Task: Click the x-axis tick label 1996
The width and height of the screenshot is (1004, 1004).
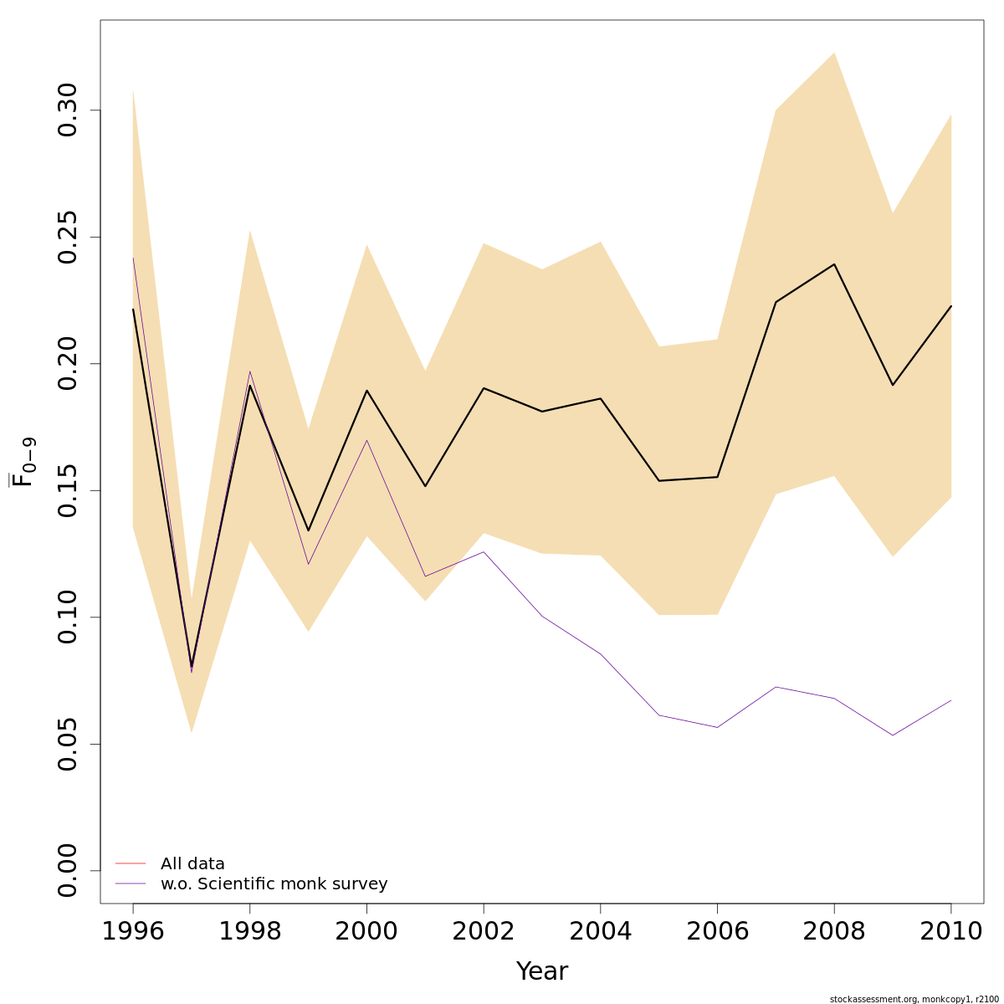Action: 133,931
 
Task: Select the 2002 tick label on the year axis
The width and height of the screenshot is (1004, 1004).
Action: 484,931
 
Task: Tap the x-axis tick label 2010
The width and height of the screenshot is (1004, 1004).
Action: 950,931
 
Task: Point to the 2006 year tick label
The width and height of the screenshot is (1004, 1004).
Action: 717,931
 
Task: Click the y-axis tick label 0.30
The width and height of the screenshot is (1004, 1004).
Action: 68,110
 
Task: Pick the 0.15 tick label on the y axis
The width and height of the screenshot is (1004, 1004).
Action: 68,490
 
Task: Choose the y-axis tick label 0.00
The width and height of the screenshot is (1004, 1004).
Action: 68,870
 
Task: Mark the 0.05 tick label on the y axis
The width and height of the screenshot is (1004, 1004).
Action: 68,744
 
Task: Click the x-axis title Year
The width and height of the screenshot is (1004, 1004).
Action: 542,971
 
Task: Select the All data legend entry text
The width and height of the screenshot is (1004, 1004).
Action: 192,864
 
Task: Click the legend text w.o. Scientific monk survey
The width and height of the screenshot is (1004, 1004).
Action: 274,884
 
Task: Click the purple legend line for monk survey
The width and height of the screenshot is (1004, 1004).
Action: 131,884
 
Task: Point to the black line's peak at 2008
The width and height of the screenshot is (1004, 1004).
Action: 834,264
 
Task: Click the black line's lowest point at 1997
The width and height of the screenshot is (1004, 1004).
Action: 192,666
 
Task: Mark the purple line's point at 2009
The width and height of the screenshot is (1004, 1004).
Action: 893,735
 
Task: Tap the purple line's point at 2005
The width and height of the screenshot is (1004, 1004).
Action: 659,715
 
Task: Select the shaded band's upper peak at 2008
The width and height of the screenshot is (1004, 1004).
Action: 834,53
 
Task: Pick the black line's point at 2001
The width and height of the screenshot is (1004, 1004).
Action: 425,486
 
